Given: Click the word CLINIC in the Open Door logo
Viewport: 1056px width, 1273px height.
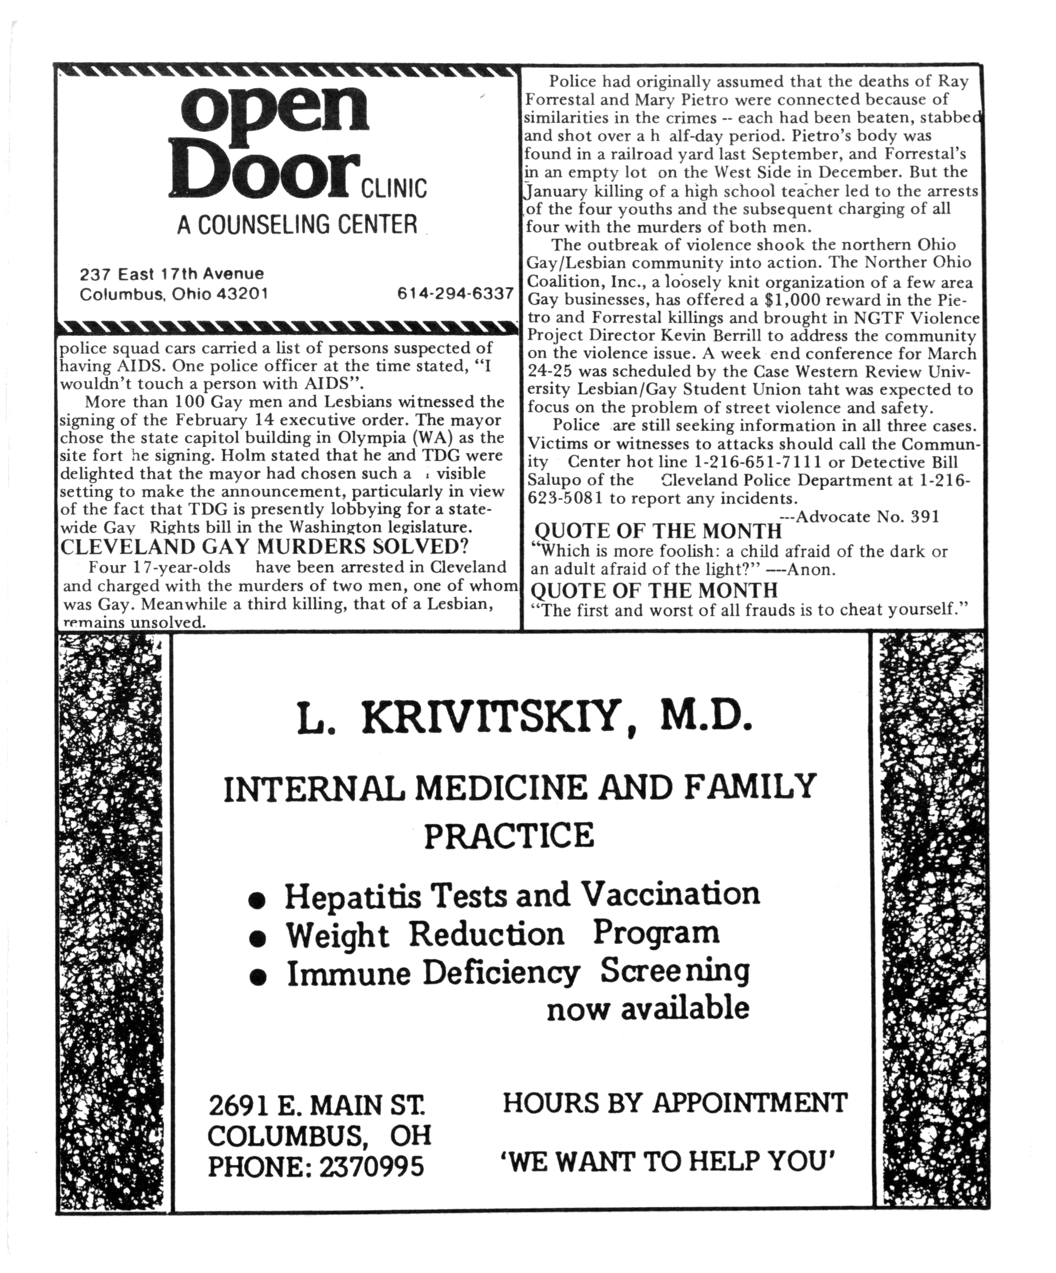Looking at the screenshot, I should point(394,188).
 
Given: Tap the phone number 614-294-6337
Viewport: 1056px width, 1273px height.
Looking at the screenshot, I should point(455,293).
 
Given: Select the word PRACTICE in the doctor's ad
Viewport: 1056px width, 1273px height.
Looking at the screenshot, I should point(509,835).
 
